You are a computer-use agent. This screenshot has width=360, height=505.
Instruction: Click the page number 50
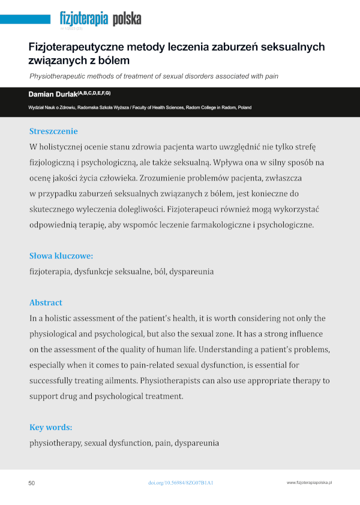(x=32, y=483)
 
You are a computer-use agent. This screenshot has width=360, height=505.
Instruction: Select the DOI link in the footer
(x=181, y=483)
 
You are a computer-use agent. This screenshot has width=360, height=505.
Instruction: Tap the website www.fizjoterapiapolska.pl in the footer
(x=310, y=483)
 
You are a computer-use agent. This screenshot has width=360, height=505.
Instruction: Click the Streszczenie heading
(x=53, y=131)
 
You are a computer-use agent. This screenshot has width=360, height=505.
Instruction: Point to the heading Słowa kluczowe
(x=61, y=256)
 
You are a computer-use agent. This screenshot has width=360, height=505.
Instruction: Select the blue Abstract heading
(x=46, y=302)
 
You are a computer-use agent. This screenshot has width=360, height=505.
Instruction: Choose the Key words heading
(x=51, y=428)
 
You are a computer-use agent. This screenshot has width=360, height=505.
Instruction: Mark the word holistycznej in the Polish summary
(x=65, y=147)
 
